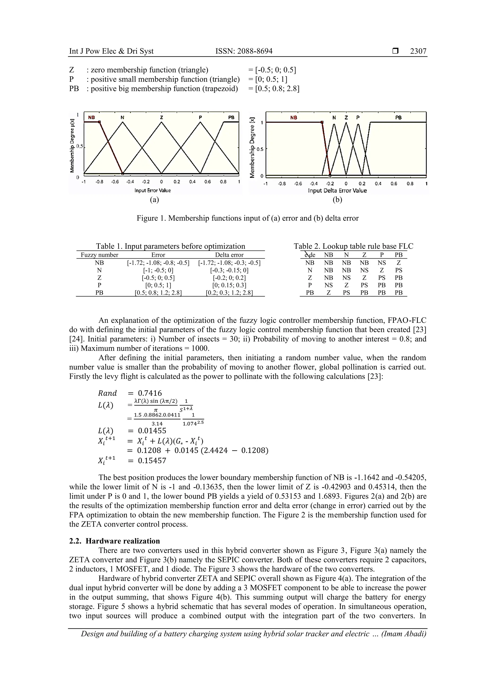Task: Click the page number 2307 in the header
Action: pyautogui.click(x=418, y=51)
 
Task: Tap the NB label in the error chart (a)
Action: pyautogui.click(x=91, y=118)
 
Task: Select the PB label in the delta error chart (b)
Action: pyautogui.click(x=398, y=118)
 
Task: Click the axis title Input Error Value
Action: pyautogui.click(x=152, y=190)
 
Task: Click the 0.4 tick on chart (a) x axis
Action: pyautogui.click(x=192, y=182)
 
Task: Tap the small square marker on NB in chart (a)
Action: pyautogui.click(x=99, y=122)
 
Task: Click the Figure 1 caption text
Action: pyautogui.click(x=247, y=218)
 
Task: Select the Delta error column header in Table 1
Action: pyautogui.click(x=229, y=255)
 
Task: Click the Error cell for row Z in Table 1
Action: pyautogui.click(x=158, y=278)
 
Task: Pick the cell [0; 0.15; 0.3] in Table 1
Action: pyautogui.click(x=229, y=285)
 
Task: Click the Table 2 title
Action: pyautogui.click(x=353, y=246)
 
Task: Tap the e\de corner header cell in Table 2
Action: pyautogui.click(x=310, y=255)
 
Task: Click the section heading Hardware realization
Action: pyautogui.click(x=123, y=541)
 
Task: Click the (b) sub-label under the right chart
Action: pyautogui.click(x=337, y=200)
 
